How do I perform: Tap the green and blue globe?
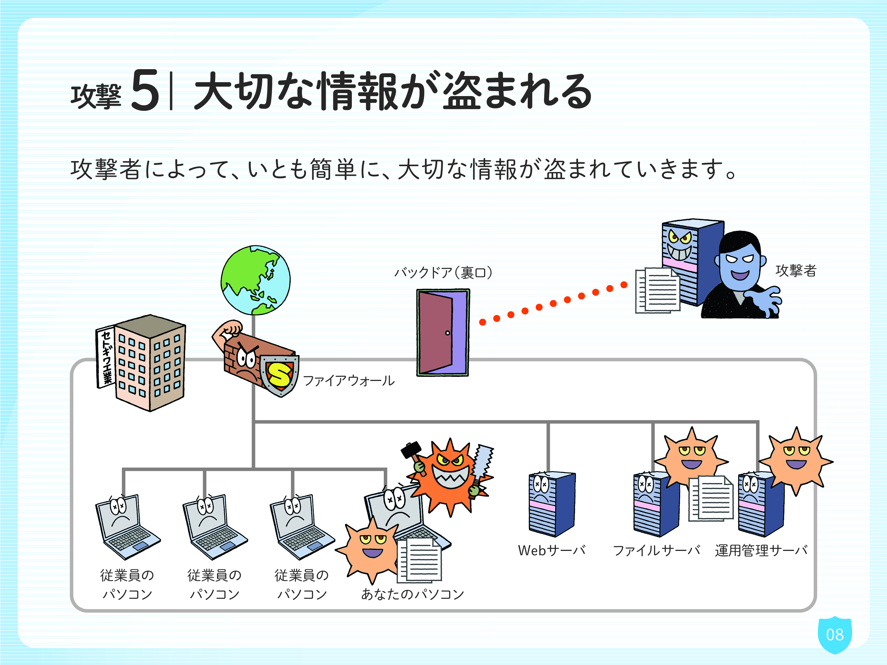click(255, 280)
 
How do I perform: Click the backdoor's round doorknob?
click(448, 333)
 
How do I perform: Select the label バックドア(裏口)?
click(443, 273)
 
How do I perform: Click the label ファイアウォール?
click(349, 380)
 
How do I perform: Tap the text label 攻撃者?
click(796, 270)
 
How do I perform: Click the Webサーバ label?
click(552, 550)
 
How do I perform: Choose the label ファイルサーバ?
click(656, 550)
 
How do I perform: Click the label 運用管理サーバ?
click(761, 550)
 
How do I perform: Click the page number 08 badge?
click(835, 635)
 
